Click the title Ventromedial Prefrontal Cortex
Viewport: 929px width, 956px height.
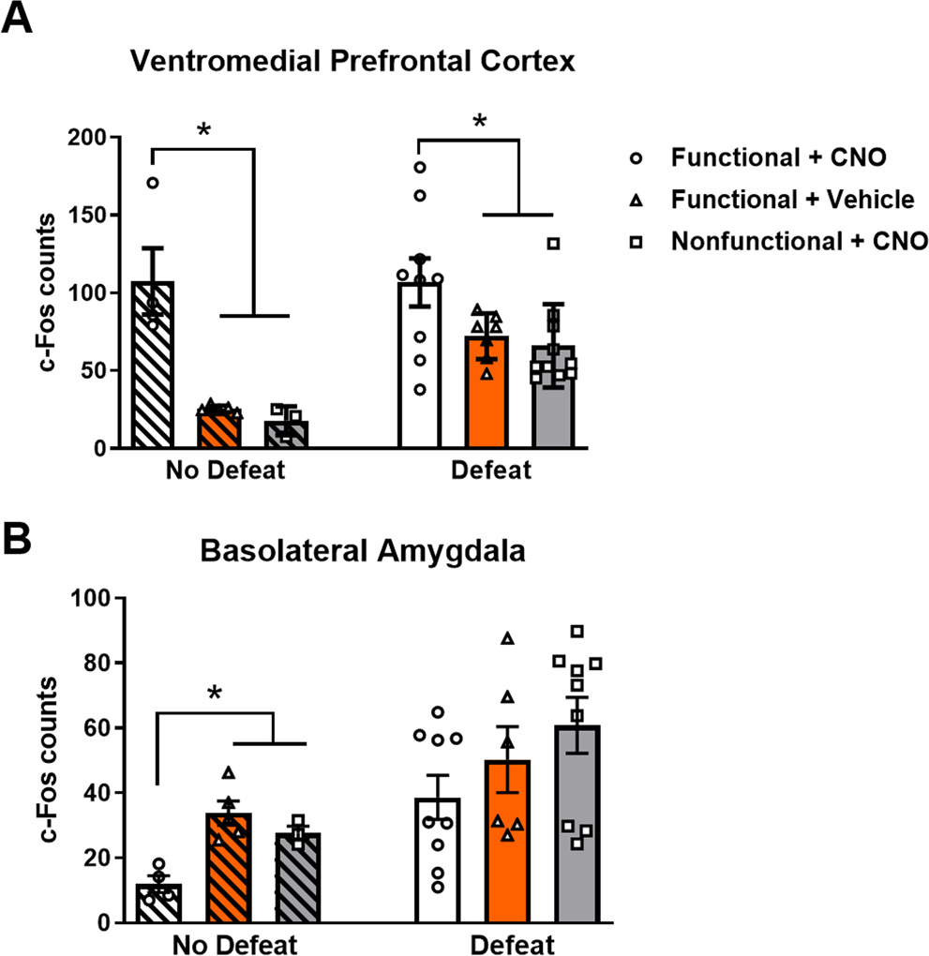point(352,62)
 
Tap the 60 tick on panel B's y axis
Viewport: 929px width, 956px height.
point(92,728)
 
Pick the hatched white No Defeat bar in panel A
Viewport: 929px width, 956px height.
point(153,366)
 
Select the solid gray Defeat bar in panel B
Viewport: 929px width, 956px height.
point(577,825)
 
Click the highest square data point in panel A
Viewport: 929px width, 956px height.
point(553,244)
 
